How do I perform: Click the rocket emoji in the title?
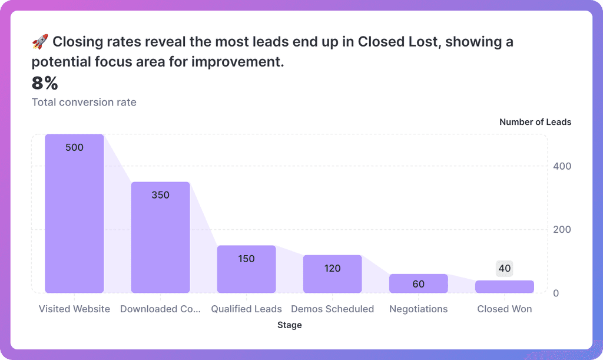pos(39,42)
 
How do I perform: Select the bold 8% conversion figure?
pos(45,84)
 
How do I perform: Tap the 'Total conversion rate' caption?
pos(84,102)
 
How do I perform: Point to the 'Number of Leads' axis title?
pos(535,122)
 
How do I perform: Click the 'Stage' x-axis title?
pos(289,325)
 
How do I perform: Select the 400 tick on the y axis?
pos(562,166)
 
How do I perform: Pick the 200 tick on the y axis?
pos(562,229)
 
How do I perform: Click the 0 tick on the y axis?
pos(556,293)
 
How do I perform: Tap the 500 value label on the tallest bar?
pos(74,147)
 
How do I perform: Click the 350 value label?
pos(160,194)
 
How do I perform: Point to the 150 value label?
pos(246,258)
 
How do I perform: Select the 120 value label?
pos(332,268)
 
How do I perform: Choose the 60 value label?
pos(418,284)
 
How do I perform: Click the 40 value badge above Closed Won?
pos(504,269)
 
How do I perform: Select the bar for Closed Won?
pos(504,287)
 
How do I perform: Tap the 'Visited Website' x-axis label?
pos(74,309)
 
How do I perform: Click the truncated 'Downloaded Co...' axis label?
pos(160,309)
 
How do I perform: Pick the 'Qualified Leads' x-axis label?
pos(246,309)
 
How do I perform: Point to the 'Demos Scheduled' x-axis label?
pos(332,309)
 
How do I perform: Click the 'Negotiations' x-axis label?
pos(418,309)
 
